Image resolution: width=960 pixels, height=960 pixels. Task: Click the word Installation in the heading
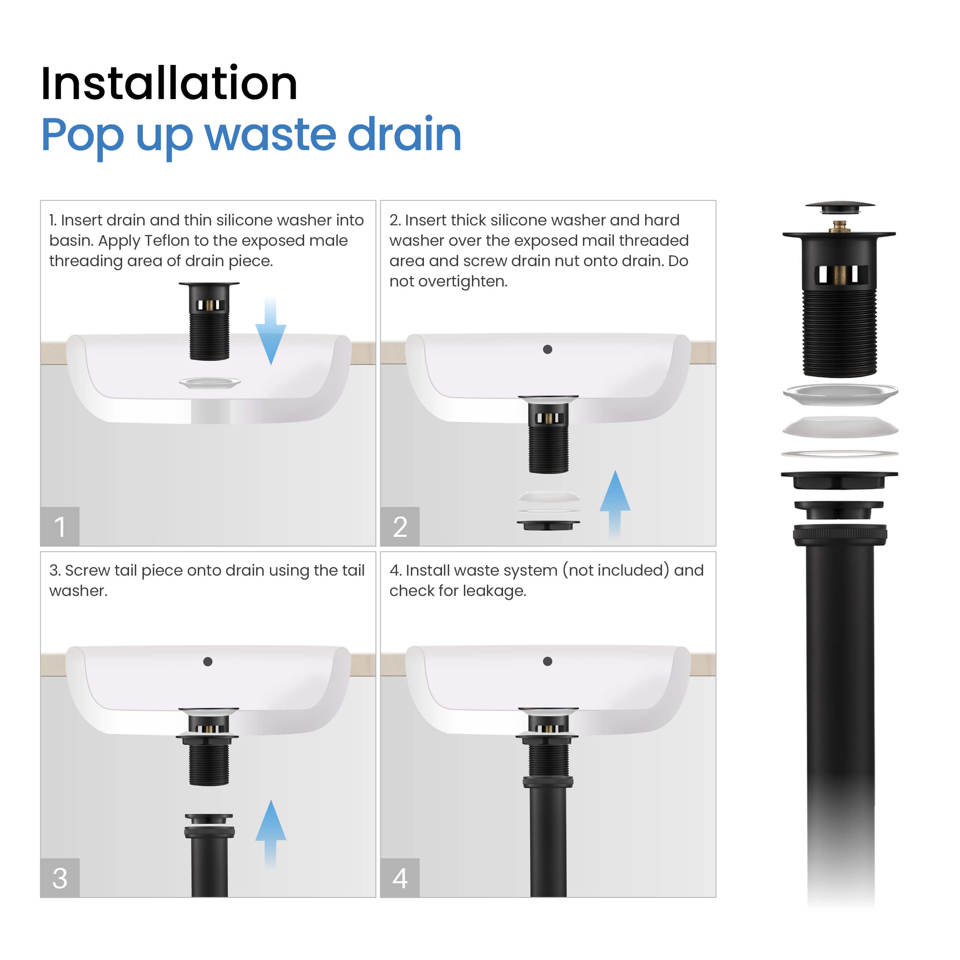coord(169,83)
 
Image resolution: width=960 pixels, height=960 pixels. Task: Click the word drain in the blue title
coord(404,134)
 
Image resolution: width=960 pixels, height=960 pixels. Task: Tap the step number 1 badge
coord(60,527)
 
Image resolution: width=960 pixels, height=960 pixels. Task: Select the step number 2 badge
coord(400,527)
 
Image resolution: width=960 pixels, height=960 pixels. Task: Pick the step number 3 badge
coord(60,878)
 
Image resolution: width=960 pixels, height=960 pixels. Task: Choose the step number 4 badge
coord(400,878)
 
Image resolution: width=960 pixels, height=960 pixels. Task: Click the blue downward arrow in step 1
coord(270,331)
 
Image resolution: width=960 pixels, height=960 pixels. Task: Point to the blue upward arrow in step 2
coord(615,504)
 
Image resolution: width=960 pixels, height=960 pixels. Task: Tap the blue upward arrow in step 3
coord(270,834)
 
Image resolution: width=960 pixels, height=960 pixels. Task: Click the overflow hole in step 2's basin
coord(548,349)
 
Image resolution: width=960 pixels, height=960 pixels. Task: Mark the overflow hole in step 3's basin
coord(208,661)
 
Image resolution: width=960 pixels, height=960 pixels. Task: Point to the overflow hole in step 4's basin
coord(548,661)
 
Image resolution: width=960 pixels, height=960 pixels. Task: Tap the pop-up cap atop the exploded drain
coord(840,207)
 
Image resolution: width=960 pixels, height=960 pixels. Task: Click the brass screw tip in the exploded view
coord(839,226)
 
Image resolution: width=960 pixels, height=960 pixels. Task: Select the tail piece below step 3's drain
coord(209,855)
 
